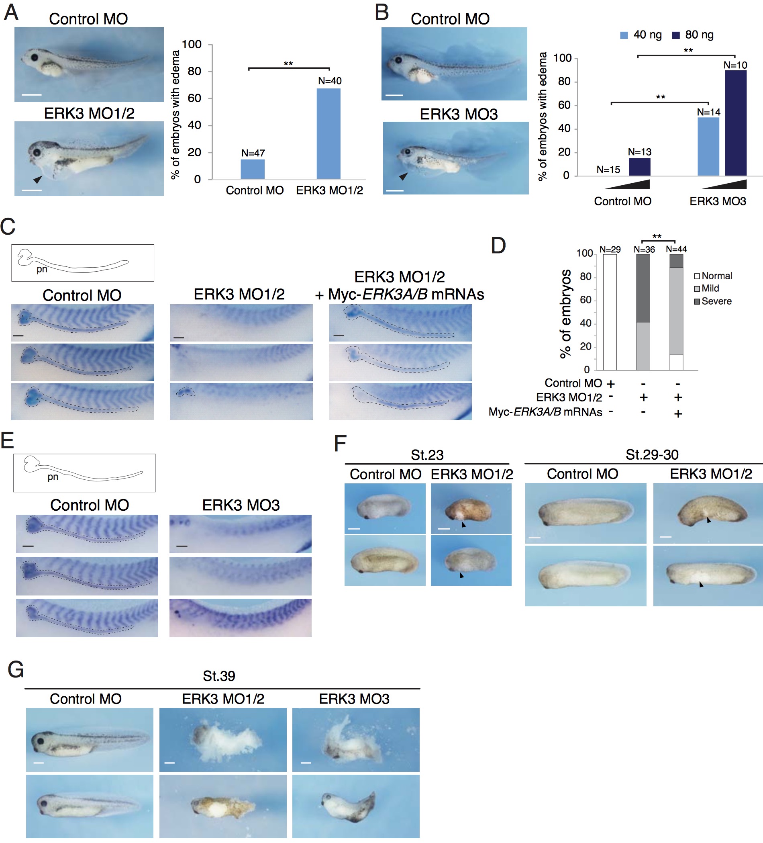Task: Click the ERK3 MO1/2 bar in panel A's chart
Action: coord(328,134)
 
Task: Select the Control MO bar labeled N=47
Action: coord(252,169)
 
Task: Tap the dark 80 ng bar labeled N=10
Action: coord(735,123)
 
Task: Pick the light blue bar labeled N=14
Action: coord(708,146)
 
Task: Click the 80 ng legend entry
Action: coord(692,35)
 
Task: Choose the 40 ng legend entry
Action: coord(641,35)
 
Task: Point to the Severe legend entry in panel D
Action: coord(712,301)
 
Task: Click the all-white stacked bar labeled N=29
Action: coord(610,312)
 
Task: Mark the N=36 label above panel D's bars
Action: coord(644,250)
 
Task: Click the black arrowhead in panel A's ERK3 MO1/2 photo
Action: coord(38,179)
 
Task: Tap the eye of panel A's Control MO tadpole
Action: coord(35,57)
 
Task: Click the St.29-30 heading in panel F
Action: coord(651,454)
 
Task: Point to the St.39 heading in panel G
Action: coord(218,676)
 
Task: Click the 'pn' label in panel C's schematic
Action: coord(42,269)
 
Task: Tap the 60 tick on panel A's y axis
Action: coord(194,98)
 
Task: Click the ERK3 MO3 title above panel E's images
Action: coord(241,505)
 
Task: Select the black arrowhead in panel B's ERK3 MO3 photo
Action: coord(403,176)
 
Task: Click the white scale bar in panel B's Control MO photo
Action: coord(394,95)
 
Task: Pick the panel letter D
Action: coord(498,246)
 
